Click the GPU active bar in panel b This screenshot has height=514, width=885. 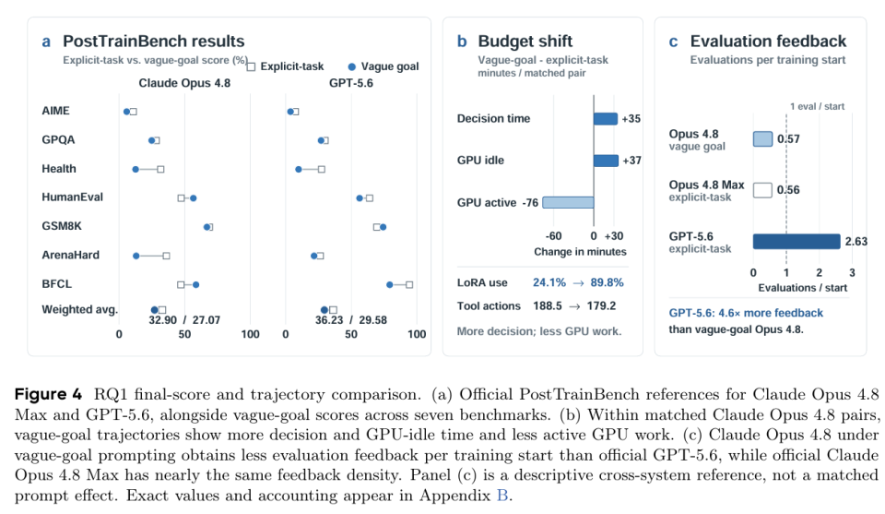[x=568, y=202]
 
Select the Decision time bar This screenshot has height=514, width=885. [x=606, y=119]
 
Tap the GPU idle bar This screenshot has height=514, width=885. [x=607, y=161]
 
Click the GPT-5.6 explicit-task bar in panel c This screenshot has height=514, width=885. [x=796, y=241]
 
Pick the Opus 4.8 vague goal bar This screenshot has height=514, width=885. [x=762, y=139]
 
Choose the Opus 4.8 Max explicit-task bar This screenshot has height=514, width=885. [x=762, y=190]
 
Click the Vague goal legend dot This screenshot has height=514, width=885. [x=351, y=66]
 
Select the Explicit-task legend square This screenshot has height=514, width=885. [x=251, y=66]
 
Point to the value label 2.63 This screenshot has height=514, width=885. [x=855, y=241]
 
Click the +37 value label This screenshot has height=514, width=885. [x=631, y=161]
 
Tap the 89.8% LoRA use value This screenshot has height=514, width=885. [x=607, y=282]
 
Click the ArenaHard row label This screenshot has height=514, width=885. [x=71, y=255]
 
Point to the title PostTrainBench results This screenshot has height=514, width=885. [x=154, y=42]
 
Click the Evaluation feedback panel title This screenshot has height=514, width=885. [x=768, y=42]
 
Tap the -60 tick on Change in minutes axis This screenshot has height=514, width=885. [x=553, y=236]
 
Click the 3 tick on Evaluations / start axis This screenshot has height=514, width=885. [x=852, y=273]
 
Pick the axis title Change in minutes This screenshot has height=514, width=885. [x=580, y=252]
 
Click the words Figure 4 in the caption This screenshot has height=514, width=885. [x=48, y=394]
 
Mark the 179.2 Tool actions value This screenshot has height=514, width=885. [x=601, y=306]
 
